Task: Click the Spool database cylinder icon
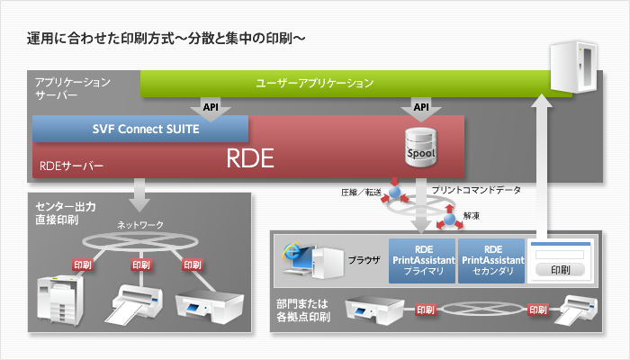(421, 145)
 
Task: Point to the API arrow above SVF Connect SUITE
(212, 109)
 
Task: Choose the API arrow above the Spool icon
(421, 109)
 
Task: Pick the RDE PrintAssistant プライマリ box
(421, 261)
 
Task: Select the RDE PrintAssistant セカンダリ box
(490, 261)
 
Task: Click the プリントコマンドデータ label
(474, 190)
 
